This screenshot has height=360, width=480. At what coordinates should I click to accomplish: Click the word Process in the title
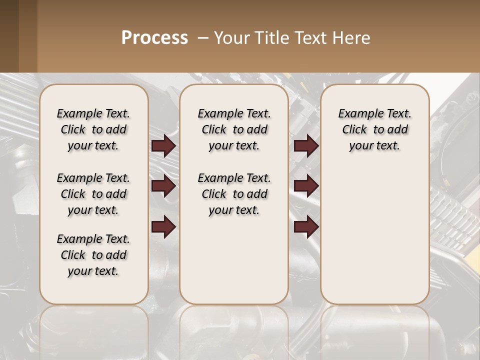(x=154, y=38)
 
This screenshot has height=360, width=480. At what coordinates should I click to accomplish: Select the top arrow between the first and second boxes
(x=163, y=146)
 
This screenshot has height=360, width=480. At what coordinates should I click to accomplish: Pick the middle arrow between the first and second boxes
(x=163, y=186)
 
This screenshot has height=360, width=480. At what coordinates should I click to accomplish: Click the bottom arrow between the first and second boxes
(x=163, y=227)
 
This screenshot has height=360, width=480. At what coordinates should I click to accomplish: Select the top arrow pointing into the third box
(x=306, y=146)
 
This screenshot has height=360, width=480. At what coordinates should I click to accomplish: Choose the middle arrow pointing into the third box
(x=306, y=186)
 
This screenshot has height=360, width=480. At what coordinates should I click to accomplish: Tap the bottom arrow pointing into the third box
(x=306, y=227)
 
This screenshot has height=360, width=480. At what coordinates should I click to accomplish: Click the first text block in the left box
(x=93, y=129)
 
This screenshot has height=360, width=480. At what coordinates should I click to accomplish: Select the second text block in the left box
(x=93, y=194)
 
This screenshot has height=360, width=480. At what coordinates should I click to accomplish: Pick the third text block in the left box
(x=93, y=255)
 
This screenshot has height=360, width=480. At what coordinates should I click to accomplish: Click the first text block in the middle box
(x=234, y=129)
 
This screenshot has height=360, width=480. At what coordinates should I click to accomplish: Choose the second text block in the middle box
(x=234, y=194)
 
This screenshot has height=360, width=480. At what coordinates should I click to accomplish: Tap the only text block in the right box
(x=374, y=129)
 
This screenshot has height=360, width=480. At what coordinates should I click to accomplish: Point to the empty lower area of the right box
(x=374, y=235)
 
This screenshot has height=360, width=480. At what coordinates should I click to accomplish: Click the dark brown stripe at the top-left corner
(x=9, y=36)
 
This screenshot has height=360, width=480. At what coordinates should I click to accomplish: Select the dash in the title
(x=203, y=38)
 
